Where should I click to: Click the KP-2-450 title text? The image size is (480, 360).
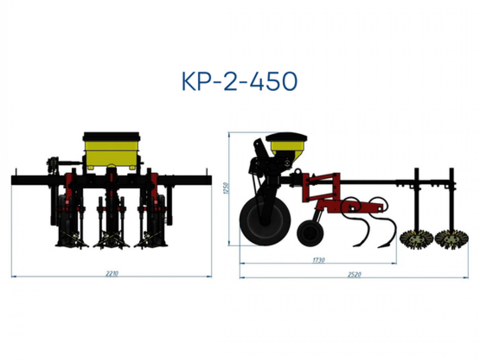[240, 81]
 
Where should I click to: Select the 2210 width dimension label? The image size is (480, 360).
[112, 274]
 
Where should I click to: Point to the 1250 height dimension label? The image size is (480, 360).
[226, 188]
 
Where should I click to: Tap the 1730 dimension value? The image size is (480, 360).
[319, 260]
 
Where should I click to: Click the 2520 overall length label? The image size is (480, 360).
[354, 274]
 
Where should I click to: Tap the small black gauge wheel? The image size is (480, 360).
[310, 233]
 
